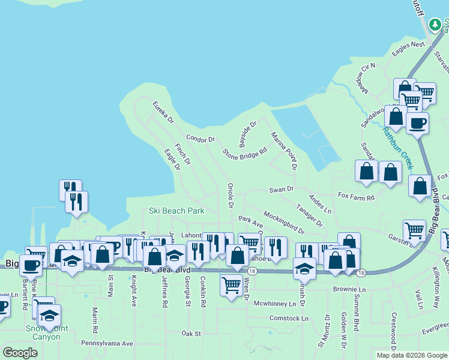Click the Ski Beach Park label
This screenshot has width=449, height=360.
pyautogui.click(x=176, y=211)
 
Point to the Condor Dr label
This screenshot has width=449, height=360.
pyautogui.click(x=200, y=139)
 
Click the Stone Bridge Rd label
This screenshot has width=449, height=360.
pyautogui.click(x=244, y=154)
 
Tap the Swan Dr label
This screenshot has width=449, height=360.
pyautogui.click(x=281, y=189)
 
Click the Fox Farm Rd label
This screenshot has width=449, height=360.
pyautogui.click(x=356, y=197)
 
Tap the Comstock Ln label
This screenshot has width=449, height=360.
pyautogui.click(x=288, y=318)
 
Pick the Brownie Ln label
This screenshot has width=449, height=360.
pyautogui.click(x=349, y=290)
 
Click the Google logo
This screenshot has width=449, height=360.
pyautogui.click(x=20, y=353)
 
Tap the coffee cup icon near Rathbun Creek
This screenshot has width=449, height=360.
pyautogui.click(x=417, y=124)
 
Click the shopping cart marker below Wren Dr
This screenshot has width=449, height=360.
pyautogui.click(x=231, y=286)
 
